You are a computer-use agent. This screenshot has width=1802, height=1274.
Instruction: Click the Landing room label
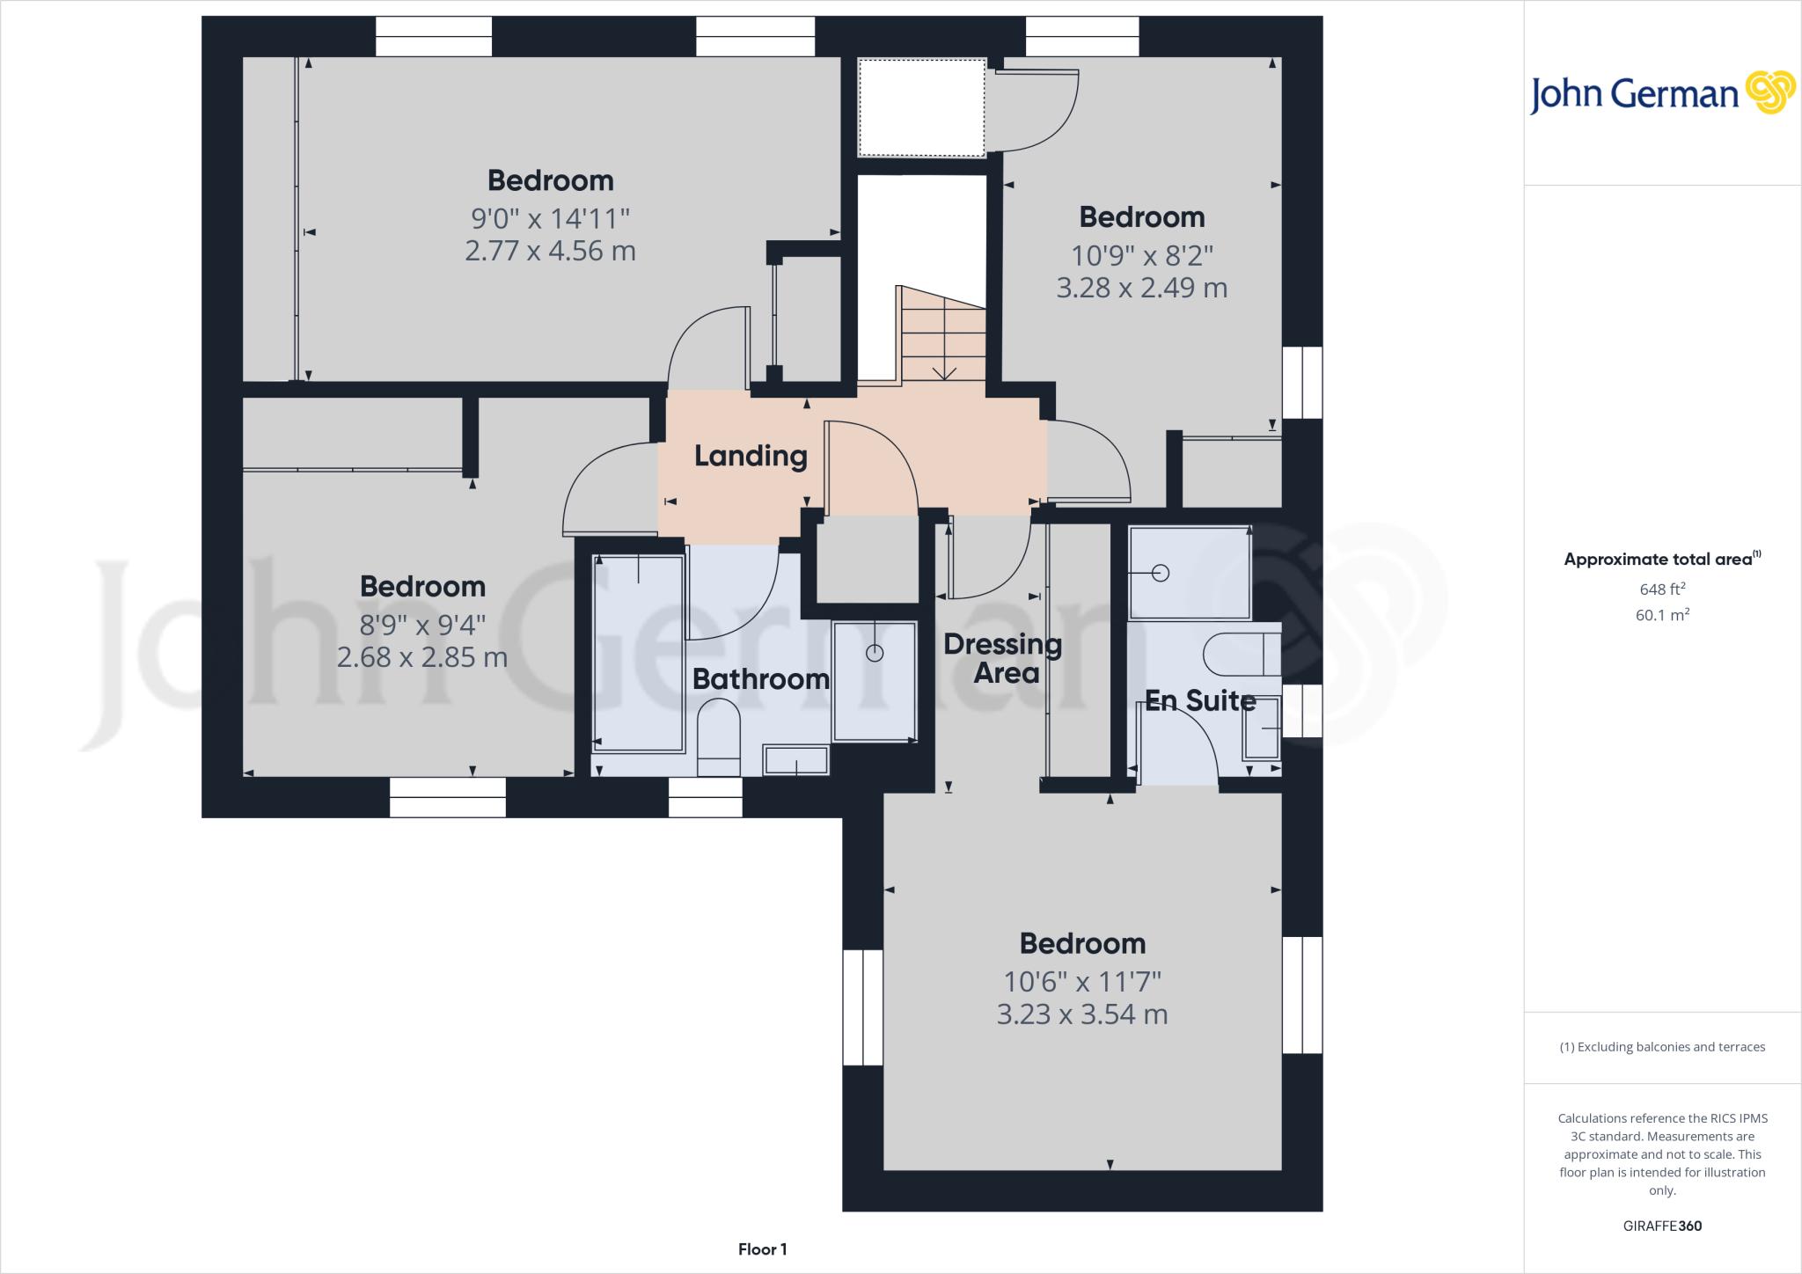tap(751, 456)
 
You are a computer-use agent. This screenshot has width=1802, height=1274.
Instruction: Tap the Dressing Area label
tap(1003, 658)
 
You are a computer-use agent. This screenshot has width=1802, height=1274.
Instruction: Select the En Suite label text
tap(1200, 700)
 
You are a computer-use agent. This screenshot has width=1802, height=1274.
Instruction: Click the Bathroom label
tap(760, 679)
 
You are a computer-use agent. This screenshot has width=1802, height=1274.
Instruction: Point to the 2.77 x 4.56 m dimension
tap(550, 252)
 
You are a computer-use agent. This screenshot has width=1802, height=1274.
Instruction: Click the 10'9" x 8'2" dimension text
tap(1142, 256)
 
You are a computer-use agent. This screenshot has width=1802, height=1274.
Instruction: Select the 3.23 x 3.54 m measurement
tap(1082, 1014)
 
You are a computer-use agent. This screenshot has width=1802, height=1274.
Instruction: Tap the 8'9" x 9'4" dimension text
tap(422, 626)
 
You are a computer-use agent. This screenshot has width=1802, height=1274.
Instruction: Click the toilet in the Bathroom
tap(718, 736)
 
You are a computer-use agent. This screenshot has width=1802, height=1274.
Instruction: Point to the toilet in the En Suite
tap(1241, 654)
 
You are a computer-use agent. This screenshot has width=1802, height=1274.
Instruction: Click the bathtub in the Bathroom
tap(639, 653)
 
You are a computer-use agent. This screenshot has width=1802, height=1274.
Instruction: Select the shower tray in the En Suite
tap(1189, 573)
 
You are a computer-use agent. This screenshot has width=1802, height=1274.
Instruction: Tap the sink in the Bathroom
tap(795, 760)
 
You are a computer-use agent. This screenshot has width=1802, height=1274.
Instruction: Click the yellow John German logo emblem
tap(1769, 92)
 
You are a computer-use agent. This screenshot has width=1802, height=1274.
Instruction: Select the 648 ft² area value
tap(1662, 589)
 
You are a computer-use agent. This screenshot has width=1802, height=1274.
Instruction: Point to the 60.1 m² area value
tap(1662, 615)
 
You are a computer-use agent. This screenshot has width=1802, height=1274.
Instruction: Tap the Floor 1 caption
tap(762, 1249)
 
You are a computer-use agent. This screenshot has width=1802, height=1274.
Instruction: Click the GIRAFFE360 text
tap(1662, 1226)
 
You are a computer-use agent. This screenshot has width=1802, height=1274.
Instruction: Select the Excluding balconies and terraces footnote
tap(1662, 1047)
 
